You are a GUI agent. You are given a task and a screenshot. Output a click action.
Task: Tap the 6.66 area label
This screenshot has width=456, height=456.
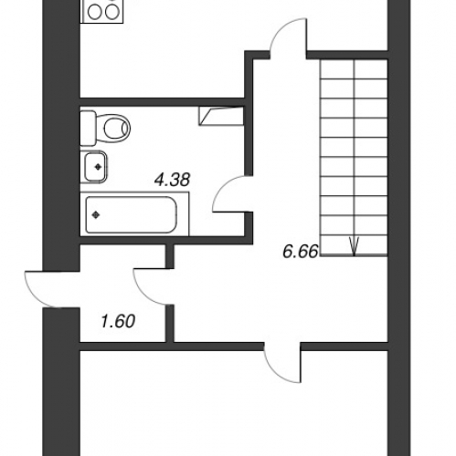(300, 251)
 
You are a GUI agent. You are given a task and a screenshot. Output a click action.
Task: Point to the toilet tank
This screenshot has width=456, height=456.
(89, 126)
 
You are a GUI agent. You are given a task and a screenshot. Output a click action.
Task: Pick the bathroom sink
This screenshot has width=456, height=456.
(96, 168)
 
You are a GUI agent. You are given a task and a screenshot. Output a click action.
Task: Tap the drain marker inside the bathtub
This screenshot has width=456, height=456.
(97, 215)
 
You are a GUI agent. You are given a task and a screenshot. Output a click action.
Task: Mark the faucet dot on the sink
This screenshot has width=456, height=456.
(96, 168)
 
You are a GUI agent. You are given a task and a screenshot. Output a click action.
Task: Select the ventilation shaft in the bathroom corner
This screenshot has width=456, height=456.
(221, 115)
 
